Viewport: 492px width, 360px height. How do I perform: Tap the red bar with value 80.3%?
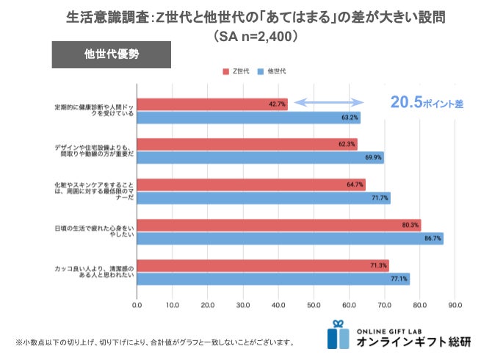tap(278, 225)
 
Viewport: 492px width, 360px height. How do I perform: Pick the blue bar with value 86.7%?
tap(289, 238)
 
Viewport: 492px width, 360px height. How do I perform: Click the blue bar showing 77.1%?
tap(272, 278)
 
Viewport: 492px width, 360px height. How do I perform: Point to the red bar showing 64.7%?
tap(250, 184)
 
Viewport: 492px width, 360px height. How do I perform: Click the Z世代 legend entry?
tap(236, 71)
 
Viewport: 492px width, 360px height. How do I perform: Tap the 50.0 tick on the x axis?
tap(314, 304)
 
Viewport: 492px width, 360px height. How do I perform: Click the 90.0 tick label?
tap(455, 304)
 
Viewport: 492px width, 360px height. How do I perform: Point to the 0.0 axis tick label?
tap(137, 304)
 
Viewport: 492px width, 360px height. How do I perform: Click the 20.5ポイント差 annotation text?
tap(427, 104)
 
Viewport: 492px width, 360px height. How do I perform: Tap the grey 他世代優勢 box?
tap(111, 54)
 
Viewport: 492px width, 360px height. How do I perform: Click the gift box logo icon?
tap(339, 334)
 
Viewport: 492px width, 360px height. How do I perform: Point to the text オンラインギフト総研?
tap(415, 342)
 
